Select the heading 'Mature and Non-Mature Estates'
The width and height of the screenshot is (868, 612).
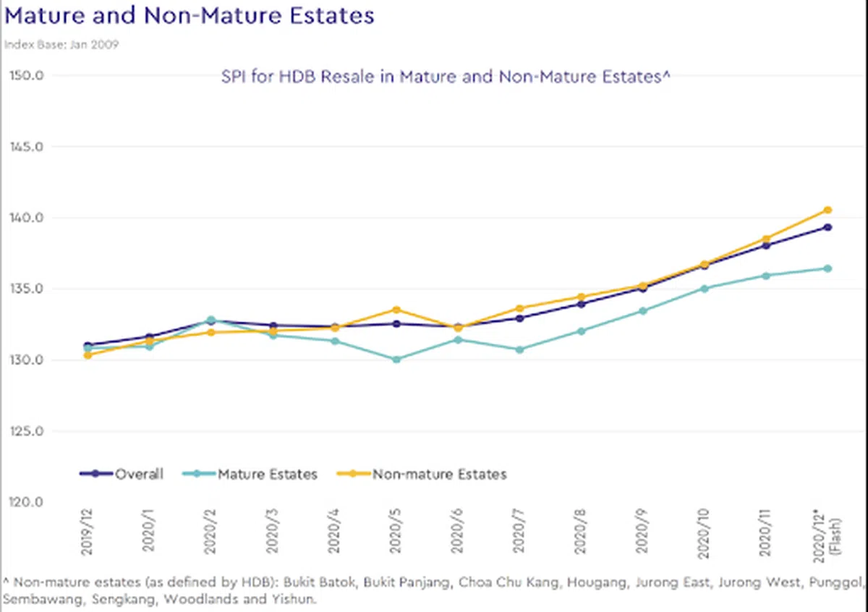190,16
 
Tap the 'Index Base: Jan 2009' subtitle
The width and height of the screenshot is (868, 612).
61,44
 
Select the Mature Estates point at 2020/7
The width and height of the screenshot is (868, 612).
519,349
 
